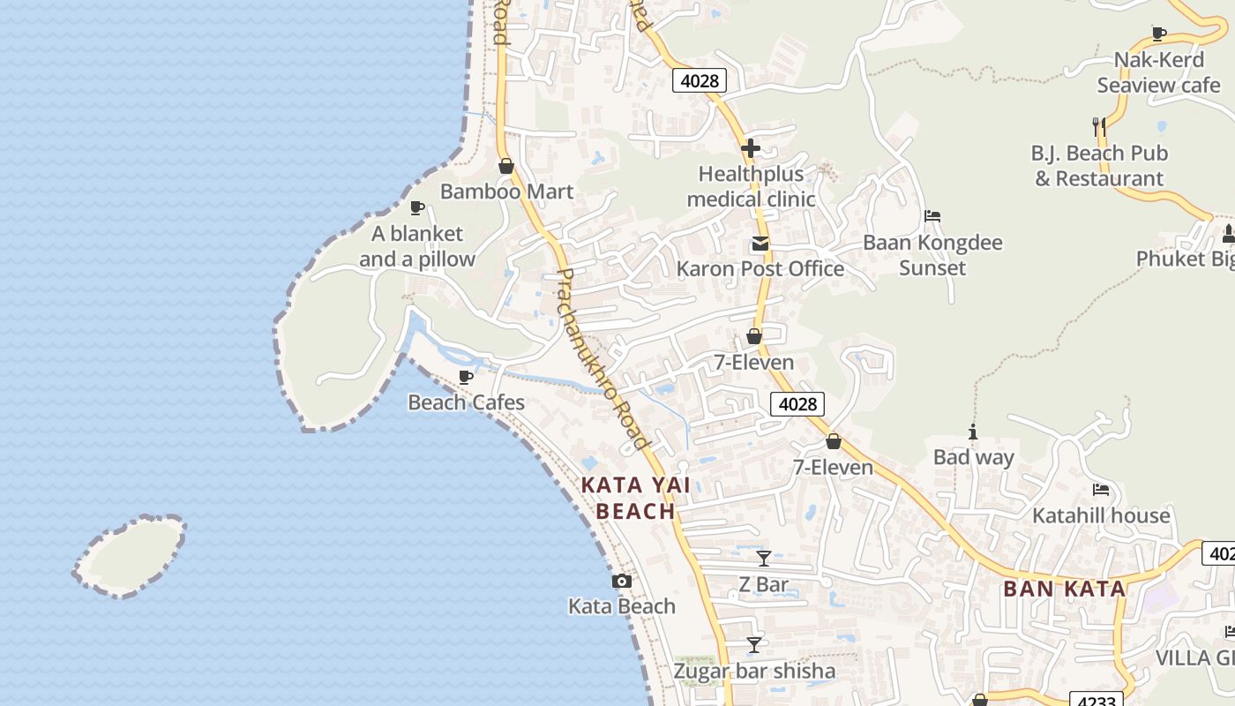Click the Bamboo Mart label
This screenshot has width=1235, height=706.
506,192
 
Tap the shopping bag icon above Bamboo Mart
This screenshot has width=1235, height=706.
506,166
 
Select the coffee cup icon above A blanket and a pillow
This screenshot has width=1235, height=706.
416,208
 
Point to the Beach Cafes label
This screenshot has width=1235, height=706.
466,402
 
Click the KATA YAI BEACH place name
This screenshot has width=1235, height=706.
635,498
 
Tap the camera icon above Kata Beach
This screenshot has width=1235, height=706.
622,581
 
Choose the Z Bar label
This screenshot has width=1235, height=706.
764,584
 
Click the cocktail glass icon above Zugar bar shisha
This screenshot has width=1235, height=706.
753,645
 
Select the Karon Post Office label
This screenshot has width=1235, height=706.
760,268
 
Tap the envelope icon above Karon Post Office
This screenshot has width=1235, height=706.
760,244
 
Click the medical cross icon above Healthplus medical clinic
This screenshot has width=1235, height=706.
751,148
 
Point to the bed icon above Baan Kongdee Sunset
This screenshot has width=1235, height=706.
932,216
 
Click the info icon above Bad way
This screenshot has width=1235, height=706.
973,432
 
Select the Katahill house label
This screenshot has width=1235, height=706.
1101,515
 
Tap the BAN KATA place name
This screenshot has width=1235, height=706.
1065,589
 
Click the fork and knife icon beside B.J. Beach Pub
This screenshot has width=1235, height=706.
1098,126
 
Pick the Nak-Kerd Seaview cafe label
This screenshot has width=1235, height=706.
1158,72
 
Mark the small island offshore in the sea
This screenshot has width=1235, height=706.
130,556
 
